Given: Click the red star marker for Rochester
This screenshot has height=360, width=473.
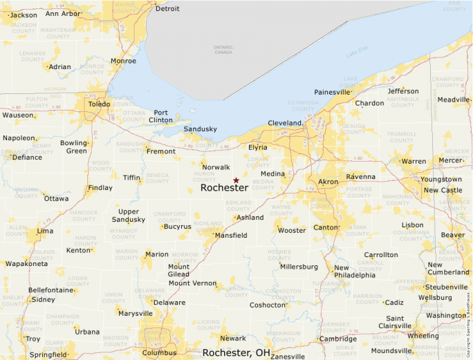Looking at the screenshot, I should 236,180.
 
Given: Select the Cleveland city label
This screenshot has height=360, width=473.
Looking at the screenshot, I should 285,124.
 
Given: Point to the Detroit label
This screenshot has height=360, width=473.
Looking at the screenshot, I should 167,9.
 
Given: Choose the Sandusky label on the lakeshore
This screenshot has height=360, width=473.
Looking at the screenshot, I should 200,129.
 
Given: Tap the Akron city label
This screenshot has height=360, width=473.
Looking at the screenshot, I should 328,182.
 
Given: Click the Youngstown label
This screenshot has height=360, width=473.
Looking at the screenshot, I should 440,180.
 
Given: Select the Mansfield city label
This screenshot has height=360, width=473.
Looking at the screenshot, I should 230,236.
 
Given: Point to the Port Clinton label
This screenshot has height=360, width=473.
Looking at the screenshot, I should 160,116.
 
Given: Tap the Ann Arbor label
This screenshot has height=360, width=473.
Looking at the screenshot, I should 62,13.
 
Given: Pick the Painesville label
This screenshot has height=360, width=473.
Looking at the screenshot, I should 332,92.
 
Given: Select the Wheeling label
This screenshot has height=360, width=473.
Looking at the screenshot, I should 423,336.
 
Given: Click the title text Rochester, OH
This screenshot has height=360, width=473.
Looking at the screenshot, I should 236,352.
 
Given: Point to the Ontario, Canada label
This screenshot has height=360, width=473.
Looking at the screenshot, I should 223,49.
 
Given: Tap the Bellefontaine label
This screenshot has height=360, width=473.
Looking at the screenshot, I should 50,290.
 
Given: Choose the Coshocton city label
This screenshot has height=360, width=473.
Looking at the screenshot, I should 268,305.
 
